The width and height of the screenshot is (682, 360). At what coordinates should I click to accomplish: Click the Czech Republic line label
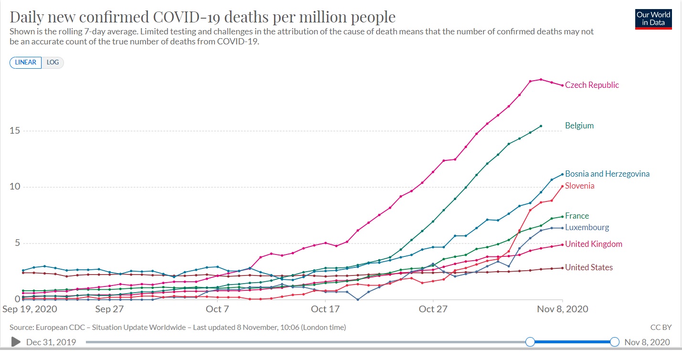coord(592,85)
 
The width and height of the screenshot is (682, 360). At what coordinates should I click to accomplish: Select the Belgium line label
coord(579,126)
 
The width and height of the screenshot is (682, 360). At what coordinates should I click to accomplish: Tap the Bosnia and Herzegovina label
coord(607,174)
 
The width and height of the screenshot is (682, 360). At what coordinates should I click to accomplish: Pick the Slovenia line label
coord(579,186)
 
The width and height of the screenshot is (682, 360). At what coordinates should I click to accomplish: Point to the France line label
coord(577,216)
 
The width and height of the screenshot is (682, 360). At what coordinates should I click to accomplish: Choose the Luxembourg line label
coord(587,228)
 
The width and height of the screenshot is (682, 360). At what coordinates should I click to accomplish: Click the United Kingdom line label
coord(593,244)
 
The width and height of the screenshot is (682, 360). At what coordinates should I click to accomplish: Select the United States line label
coord(588,267)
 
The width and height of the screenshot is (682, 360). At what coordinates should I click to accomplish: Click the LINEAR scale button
coord(26,63)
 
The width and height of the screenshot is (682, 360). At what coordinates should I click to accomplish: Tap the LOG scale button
coord(52,63)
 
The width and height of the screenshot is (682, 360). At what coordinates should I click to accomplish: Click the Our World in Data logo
coord(653,19)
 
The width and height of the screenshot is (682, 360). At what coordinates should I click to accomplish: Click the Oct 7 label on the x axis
coord(217,309)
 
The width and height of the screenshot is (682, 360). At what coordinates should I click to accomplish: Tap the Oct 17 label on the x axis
coord(325,309)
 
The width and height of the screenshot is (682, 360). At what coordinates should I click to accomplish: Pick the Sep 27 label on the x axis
coord(109,309)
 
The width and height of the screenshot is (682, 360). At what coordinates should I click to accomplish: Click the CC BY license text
coord(661,328)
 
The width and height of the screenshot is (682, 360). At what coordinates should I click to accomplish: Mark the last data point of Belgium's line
coord(541,126)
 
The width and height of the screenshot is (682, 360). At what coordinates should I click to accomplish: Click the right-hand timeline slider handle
coord(615,342)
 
